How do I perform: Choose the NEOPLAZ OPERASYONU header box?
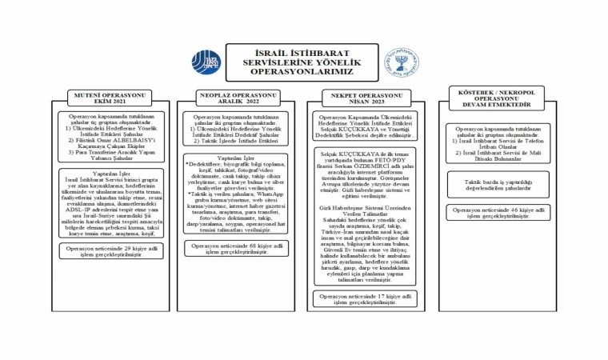pos(238,98)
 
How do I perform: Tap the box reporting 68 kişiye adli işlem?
pos(238,249)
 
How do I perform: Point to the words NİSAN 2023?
pos(358,102)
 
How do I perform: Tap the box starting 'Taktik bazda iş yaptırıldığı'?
pos(499,183)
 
